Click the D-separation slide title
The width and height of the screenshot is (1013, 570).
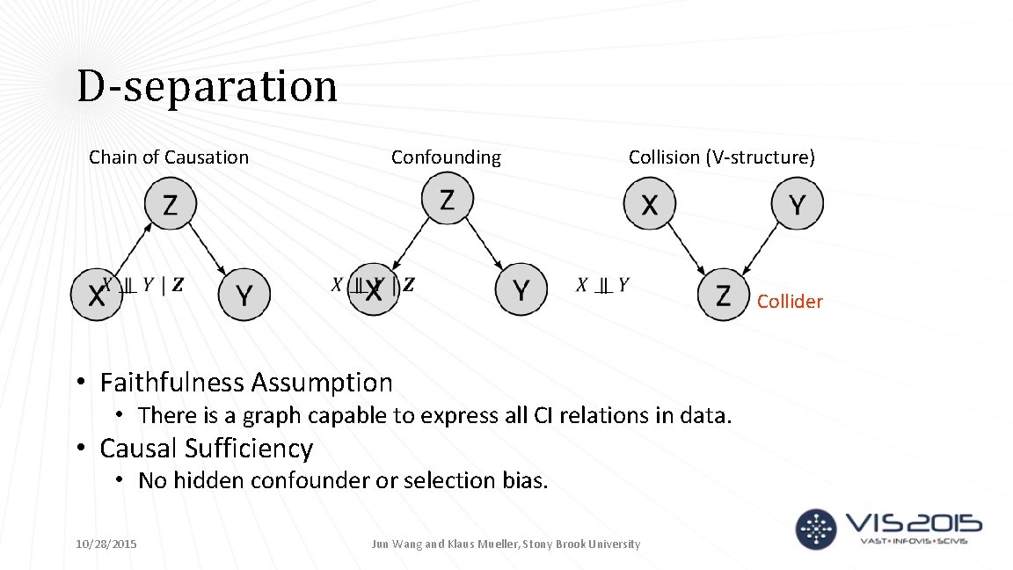tap(207, 87)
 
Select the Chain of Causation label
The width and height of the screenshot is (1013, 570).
tap(169, 157)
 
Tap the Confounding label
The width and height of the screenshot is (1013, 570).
tap(446, 157)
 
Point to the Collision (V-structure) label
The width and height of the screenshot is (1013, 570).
tap(721, 157)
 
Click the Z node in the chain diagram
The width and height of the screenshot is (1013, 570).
tap(170, 205)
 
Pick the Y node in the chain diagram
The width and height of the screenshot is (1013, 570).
tap(244, 295)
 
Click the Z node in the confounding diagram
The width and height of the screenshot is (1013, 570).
tap(447, 199)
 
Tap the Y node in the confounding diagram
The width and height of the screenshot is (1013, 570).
tap(521, 289)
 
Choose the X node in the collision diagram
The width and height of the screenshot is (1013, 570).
tap(649, 204)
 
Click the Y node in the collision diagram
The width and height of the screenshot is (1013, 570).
tap(797, 204)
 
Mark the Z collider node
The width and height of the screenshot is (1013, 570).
tap(723, 295)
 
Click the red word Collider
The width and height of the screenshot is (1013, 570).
tap(790, 302)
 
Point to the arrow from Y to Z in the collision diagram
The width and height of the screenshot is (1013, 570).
tap(761, 248)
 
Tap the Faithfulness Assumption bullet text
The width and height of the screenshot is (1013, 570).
tap(246, 383)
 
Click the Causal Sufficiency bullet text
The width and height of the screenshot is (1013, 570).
tap(206, 449)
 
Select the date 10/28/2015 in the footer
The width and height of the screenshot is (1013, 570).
tap(106, 544)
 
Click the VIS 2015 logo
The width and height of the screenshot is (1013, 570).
tap(888, 528)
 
